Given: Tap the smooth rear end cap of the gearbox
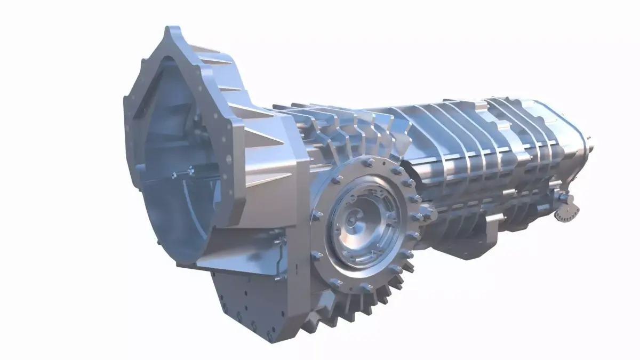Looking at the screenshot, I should pos(579,144).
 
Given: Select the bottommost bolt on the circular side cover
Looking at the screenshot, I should pos(367,288).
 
